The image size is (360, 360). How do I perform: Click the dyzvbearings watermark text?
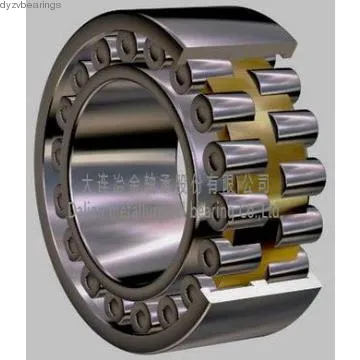31,6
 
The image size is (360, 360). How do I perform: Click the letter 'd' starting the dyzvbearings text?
4,6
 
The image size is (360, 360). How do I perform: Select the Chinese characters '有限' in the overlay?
221,184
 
